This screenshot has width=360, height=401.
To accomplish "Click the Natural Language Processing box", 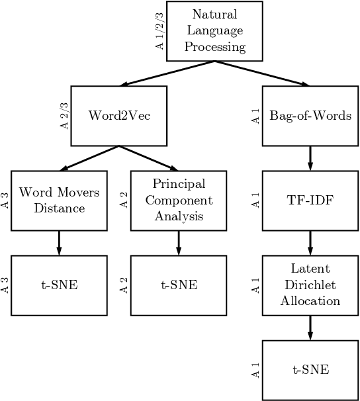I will (x=214, y=30).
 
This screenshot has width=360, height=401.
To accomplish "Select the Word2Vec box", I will (x=119, y=116).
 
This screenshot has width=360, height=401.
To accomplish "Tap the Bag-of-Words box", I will (x=310, y=116).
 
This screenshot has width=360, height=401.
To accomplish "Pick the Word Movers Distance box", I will (x=60, y=200).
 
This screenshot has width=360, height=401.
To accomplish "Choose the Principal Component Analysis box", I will (x=179, y=200).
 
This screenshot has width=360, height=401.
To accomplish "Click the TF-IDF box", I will (x=310, y=200).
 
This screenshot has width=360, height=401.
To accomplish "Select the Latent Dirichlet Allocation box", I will (x=310, y=285).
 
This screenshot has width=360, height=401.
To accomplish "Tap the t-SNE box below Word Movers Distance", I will (x=60, y=286).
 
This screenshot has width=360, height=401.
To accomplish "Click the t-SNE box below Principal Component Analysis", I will (x=179, y=286).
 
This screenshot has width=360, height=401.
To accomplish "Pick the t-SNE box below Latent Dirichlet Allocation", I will (x=310, y=370).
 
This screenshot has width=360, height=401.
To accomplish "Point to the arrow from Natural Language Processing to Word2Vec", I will (x=167, y=73).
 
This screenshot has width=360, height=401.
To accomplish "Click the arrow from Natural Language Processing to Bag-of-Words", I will (x=263, y=73).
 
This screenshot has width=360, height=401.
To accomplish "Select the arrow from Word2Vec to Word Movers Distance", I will (x=89, y=158).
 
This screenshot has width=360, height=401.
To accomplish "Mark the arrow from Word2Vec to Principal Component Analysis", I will (x=149, y=158).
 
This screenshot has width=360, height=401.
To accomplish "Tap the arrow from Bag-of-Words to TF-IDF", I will (x=310, y=158).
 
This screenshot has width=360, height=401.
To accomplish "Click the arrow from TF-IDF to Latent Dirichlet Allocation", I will (x=310, y=243).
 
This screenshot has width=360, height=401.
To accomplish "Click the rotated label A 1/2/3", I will (x=159, y=30).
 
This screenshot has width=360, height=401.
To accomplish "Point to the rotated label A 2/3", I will (x=64, y=116).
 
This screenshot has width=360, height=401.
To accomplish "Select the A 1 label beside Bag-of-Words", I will (x=255, y=116).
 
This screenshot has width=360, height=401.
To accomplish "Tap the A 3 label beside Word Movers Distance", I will (x=5, y=200).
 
